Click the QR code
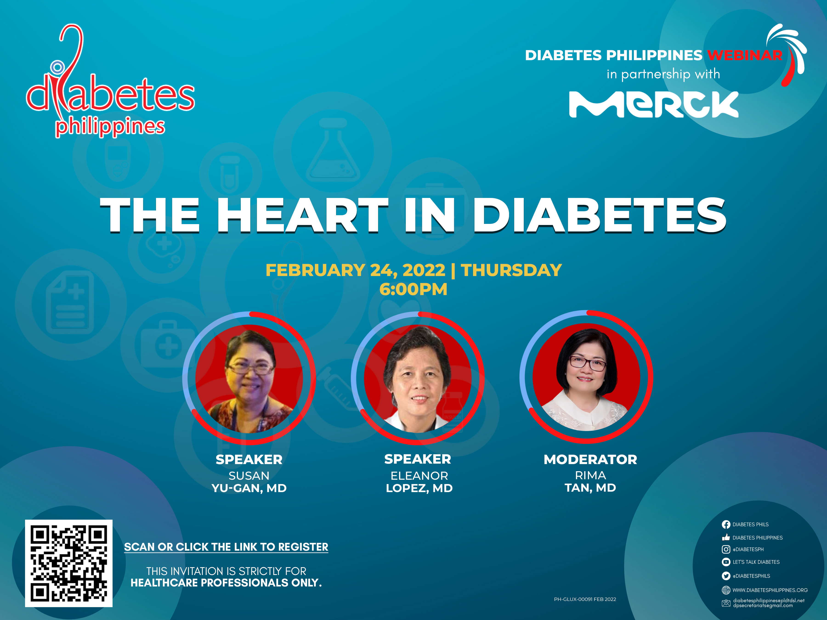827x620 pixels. (69, 563)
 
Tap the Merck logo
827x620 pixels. (654, 104)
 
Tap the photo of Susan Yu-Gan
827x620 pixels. (249, 379)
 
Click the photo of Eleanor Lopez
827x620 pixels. (418, 379)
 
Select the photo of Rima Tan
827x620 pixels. (586, 377)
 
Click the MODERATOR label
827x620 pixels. (590, 459)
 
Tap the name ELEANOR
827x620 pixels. (419, 476)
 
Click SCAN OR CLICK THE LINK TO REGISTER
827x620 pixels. (226, 547)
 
